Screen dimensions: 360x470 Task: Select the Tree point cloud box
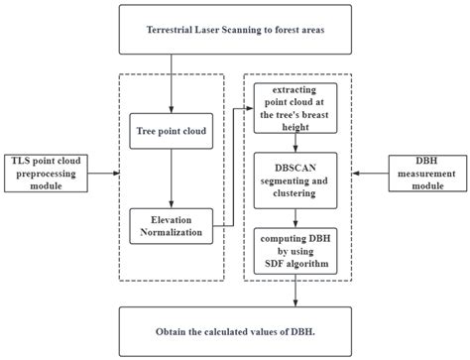171,130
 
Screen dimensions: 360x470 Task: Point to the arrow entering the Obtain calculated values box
295,291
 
